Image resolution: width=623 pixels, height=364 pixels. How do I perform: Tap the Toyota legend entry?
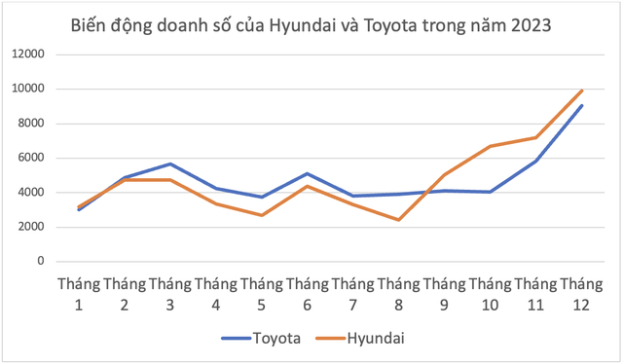(x=275, y=339)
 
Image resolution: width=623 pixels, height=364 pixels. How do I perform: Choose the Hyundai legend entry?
(x=375, y=339)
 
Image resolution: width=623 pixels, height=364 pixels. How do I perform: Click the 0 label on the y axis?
(x=41, y=261)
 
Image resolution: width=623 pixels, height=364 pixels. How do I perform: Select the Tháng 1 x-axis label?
(x=78, y=293)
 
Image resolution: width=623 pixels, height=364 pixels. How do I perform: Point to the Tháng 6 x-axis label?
(x=307, y=293)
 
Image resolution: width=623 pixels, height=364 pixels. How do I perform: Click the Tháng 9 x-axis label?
(x=444, y=293)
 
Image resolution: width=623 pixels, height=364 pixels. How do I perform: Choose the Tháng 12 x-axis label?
(x=581, y=293)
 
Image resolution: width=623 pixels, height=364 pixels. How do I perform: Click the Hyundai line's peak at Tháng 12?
(x=582, y=91)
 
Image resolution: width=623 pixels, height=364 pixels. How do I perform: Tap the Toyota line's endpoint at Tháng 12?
(x=582, y=105)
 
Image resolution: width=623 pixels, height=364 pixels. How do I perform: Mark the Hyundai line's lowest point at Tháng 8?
(x=398, y=220)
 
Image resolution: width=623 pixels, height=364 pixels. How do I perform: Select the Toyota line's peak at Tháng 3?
(x=169, y=164)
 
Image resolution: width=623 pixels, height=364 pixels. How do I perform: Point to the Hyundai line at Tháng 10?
(x=490, y=146)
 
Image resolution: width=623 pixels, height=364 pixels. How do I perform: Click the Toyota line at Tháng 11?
(x=535, y=161)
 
